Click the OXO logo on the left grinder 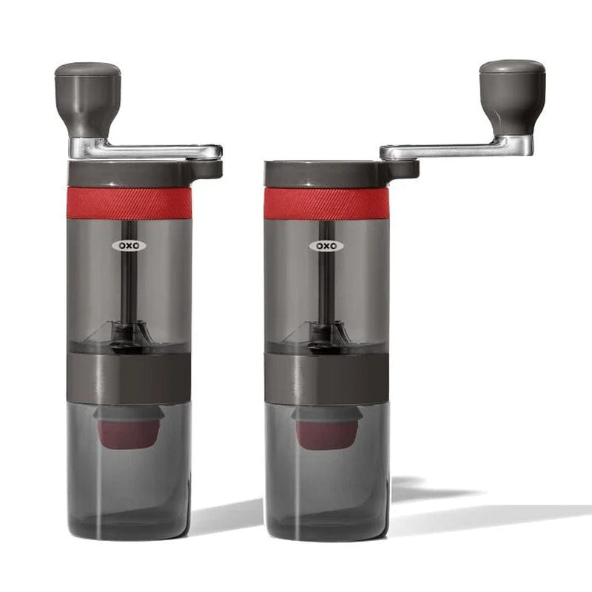pyautogui.click(x=129, y=245)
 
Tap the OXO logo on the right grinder pyautogui.click(x=326, y=245)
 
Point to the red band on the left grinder pyautogui.click(x=129, y=202)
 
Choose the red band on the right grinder pyautogui.click(x=326, y=203)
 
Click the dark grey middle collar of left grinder pyautogui.click(x=129, y=377)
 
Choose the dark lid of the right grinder pyautogui.click(x=326, y=173)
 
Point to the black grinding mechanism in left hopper pyautogui.click(x=127, y=335)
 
